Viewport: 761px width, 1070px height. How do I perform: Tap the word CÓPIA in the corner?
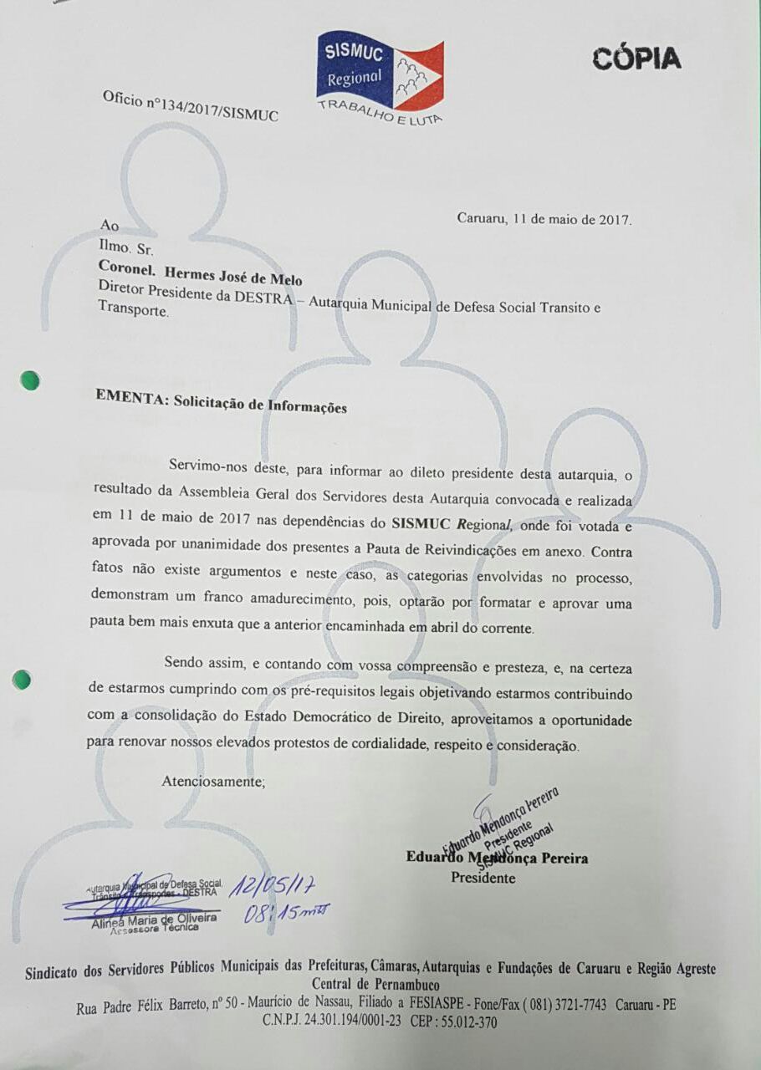pos(637,59)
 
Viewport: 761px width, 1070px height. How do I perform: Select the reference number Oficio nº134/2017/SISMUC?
pos(190,106)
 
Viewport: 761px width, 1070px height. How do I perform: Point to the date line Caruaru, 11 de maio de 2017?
pos(544,219)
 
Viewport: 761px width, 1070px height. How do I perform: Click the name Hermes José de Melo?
pos(233,278)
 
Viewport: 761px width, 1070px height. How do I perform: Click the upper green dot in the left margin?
pos(30,380)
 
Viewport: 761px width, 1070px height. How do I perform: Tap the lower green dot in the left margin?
pos(23,680)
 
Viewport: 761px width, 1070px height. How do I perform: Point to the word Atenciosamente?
pos(213,782)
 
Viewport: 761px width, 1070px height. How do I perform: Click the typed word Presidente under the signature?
pos(483,878)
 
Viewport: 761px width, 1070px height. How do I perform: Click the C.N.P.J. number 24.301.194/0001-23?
pos(344,1022)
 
